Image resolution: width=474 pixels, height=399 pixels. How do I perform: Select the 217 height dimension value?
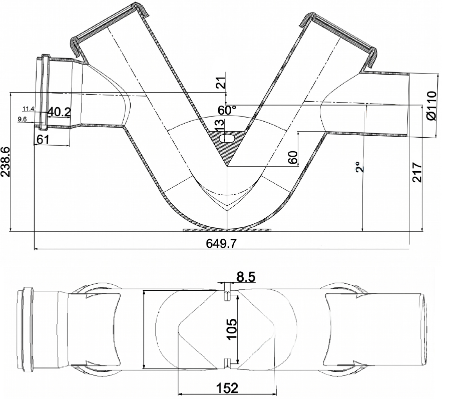point(417,172)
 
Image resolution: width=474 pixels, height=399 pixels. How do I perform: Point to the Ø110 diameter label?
point(432,106)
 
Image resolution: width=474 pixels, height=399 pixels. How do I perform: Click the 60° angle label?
point(227,110)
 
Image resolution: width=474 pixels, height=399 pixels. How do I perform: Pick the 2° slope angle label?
point(359,167)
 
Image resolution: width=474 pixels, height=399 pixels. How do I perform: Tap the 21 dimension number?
point(222,83)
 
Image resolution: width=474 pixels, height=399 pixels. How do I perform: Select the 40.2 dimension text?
point(59,112)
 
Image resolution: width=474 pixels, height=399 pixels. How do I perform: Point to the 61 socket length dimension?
point(43,139)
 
